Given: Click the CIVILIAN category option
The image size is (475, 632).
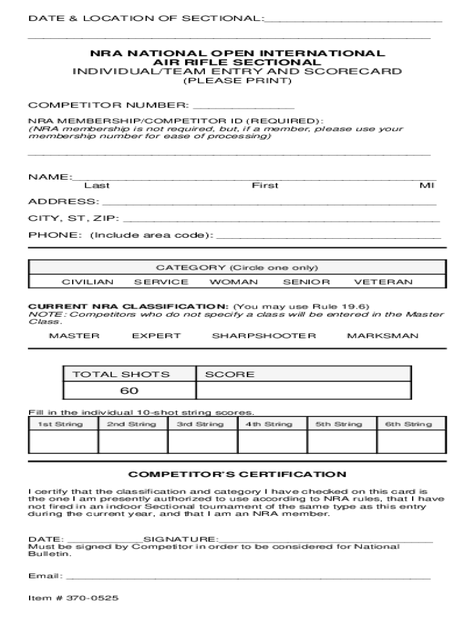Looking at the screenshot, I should coord(88,282).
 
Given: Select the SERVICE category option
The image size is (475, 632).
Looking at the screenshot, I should coord(161,282).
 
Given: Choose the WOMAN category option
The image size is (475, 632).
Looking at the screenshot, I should coord(234,282).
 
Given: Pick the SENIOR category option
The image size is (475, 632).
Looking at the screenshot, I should coord(307,282).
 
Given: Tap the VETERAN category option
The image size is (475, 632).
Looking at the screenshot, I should coord(383,282).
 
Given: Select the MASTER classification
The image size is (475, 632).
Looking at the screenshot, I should coord(74,336).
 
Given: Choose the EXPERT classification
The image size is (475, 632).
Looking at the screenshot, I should coord(157,336).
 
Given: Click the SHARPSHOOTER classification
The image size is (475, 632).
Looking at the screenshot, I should coord(264,336).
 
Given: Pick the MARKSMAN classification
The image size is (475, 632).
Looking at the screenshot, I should coord(382,336).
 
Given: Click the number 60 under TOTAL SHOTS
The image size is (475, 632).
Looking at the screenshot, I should coord(130,391).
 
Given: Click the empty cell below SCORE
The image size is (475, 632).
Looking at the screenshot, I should coord(303,391).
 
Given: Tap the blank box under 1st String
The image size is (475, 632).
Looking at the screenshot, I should coord(63,442).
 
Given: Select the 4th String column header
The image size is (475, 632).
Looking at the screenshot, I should coord(269,424).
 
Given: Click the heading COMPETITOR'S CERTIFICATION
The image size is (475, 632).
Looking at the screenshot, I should coord(237,475).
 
